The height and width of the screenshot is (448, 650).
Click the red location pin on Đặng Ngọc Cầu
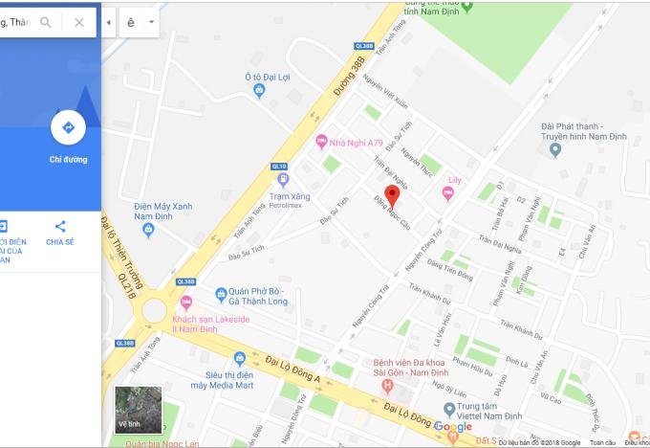point(392,195)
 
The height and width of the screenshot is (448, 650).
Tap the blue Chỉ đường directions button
point(68,127)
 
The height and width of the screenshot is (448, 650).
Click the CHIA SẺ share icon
point(60,227)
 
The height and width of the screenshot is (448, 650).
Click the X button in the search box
point(79,22)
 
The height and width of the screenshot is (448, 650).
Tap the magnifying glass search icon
point(46,22)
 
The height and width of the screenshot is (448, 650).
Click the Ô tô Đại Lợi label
point(267,76)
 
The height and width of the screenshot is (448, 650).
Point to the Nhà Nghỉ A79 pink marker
point(322,142)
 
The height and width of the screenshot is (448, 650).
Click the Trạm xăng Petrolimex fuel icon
point(282,179)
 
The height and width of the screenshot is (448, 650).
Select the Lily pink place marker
point(447,193)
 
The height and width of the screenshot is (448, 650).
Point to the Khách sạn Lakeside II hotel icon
point(186,302)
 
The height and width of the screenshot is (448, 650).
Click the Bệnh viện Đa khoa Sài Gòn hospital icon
point(387,386)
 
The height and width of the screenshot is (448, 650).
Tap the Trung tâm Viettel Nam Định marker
point(449,410)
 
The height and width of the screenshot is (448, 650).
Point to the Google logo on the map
point(452,427)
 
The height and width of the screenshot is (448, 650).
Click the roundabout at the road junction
point(155,311)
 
